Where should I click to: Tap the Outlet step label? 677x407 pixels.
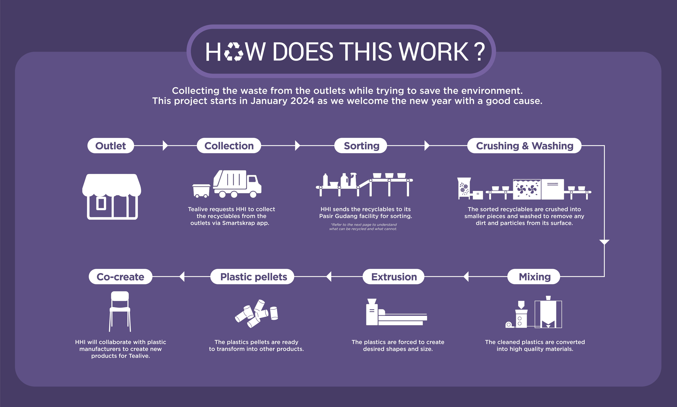click(111, 146)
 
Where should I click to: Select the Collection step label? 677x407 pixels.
click(229, 146)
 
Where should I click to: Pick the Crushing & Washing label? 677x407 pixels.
click(524, 146)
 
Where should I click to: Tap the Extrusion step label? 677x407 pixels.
click(394, 277)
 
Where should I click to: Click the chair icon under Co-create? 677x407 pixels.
click(120, 311)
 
